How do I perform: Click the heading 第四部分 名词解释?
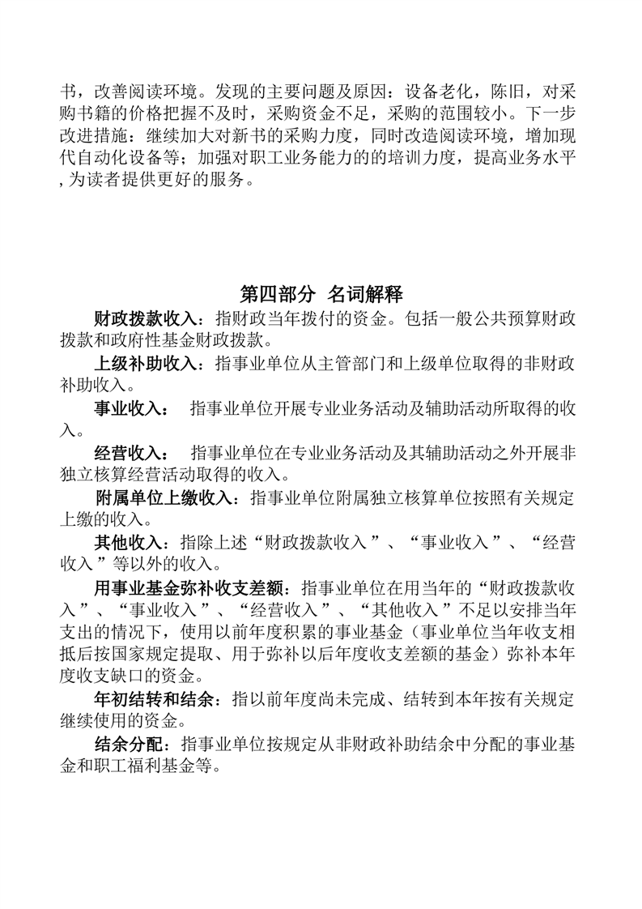click(321, 293)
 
